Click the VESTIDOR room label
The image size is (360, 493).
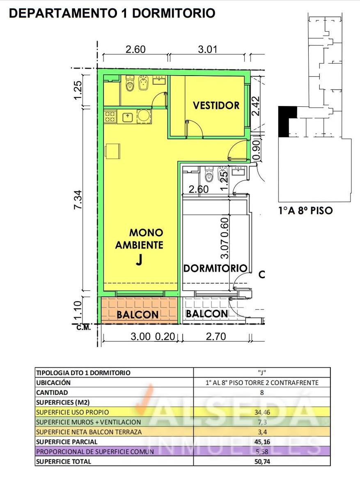(x=216, y=106)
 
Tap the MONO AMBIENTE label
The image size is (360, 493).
(x=140, y=239)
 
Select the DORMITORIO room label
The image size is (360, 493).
(x=215, y=268)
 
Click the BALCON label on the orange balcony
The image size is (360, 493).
(x=138, y=315)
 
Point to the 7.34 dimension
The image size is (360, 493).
(x=78, y=200)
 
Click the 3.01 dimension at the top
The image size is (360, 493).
(x=207, y=50)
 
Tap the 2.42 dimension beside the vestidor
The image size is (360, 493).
(x=256, y=106)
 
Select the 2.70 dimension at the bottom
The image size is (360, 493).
(x=216, y=337)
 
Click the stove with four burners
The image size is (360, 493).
(x=110, y=117)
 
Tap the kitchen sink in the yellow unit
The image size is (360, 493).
(x=127, y=117)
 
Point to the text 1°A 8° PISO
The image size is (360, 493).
(x=306, y=211)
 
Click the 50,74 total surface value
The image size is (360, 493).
(x=262, y=461)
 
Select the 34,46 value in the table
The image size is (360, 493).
(x=262, y=412)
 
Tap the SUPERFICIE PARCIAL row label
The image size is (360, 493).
(x=66, y=442)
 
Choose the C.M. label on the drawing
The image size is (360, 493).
(x=84, y=328)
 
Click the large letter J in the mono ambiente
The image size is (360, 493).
(x=139, y=260)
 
